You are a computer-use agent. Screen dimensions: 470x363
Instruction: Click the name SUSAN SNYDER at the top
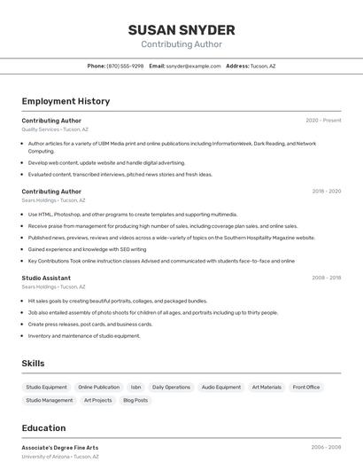tap(181, 29)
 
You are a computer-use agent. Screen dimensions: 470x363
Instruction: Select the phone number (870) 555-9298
tap(125, 66)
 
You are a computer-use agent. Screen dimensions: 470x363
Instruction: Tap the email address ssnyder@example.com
tap(193, 66)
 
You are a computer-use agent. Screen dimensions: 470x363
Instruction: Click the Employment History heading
tap(66, 101)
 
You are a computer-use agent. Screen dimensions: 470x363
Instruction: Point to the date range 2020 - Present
tap(323, 121)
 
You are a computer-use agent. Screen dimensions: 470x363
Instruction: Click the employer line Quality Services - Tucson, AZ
tap(55, 129)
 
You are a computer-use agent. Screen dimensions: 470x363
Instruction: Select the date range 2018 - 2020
tap(326, 192)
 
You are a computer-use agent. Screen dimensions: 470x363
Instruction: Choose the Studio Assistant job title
tap(46, 278)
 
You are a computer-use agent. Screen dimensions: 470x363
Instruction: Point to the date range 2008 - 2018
tap(326, 278)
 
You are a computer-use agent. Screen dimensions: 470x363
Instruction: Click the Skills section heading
tap(33, 364)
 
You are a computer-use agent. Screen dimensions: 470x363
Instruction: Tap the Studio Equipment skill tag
tap(46, 387)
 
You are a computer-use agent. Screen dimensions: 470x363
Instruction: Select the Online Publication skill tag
tap(98, 387)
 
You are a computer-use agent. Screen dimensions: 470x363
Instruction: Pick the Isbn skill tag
tap(135, 387)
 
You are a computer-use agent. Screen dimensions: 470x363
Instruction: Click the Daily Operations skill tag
tap(171, 387)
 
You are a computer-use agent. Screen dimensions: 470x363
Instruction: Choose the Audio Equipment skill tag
tap(220, 387)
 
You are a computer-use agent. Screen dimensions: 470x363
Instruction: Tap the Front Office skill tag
tap(306, 387)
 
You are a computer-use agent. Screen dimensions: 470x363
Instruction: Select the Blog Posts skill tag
tap(135, 400)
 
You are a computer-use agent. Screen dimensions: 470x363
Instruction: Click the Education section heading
tap(43, 428)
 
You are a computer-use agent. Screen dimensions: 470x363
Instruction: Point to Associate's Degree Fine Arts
tap(60, 448)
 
